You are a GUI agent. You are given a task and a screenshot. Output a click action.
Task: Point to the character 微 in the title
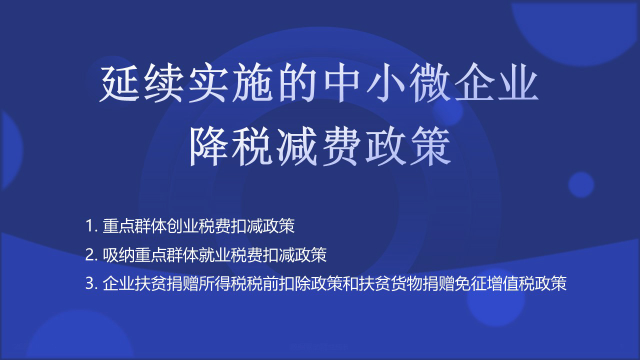(431, 84)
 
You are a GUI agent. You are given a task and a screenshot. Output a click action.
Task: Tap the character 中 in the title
(342, 84)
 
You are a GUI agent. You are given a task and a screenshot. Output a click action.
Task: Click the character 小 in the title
(386, 84)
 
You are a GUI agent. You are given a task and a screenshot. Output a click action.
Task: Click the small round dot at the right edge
(581, 184)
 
